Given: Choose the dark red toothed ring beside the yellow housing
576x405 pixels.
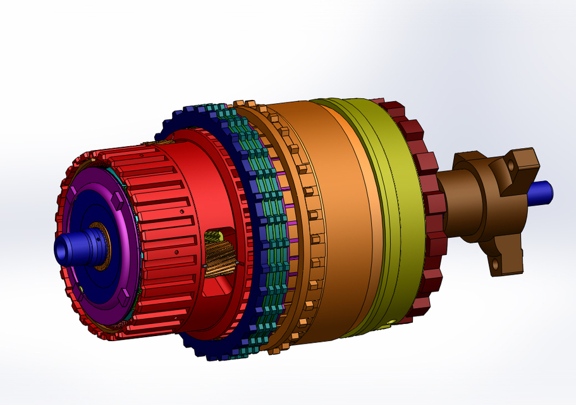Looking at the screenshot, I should pyautogui.click(x=427, y=209).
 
